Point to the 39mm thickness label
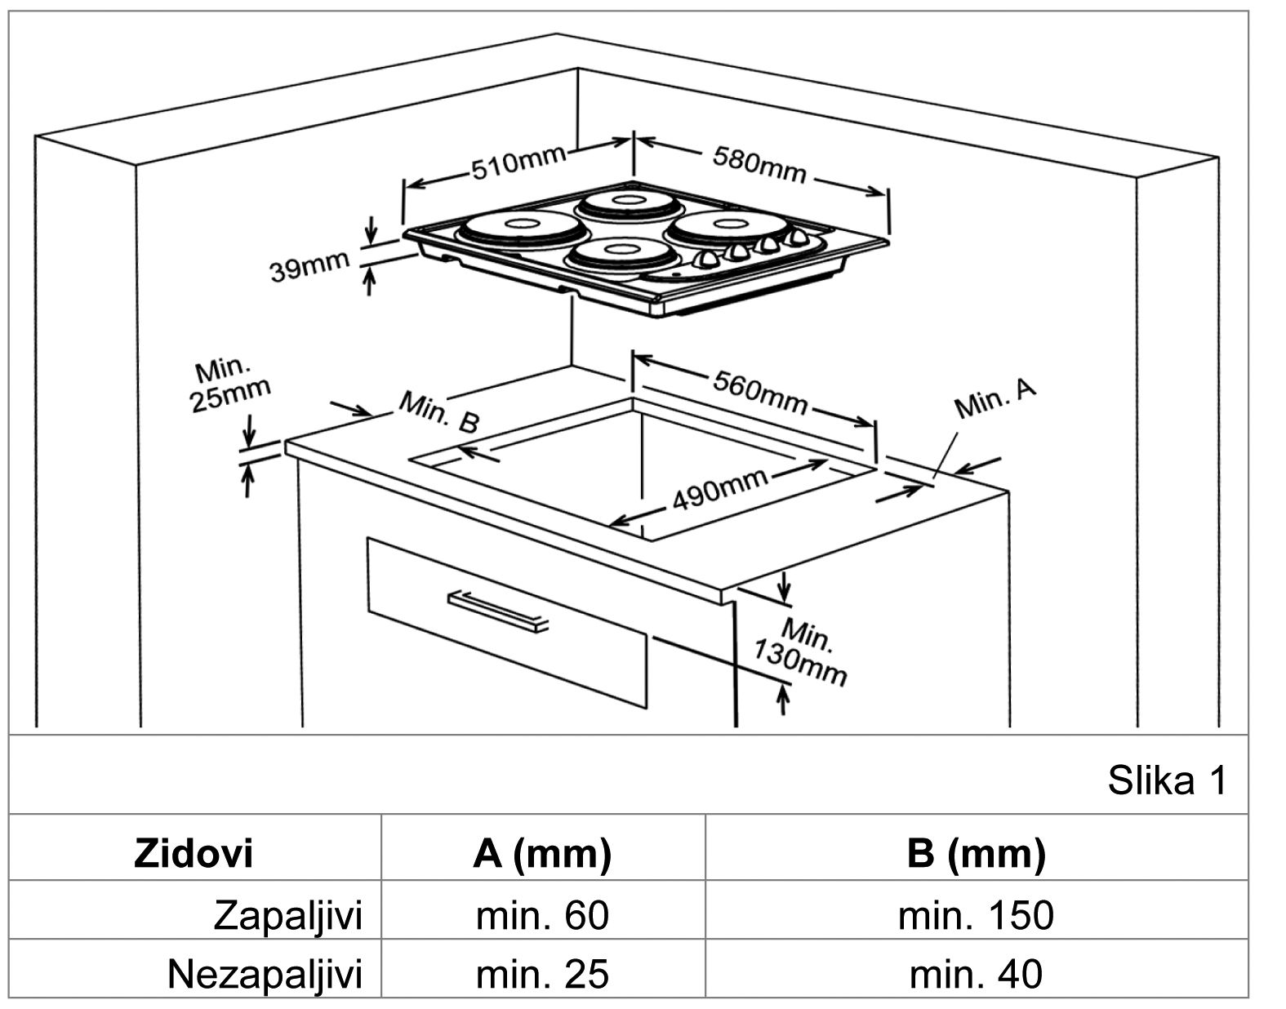pyautogui.click(x=309, y=266)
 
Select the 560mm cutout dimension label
pyautogui.click(x=760, y=391)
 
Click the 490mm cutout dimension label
pyautogui.click(x=719, y=489)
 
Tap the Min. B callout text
pyautogui.click(x=438, y=411)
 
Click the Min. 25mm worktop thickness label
pyautogui.click(x=229, y=384)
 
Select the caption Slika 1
pyautogui.click(x=1166, y=780)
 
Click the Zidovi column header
pyautogui.click(x=194, y=853)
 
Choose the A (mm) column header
pyautogui.click(x=541, y=853)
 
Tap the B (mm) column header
pyautogui.click(x=975, y=853)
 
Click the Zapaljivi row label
pyautogui.click(x=287, y=915)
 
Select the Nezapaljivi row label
pyautogui.click(x=265, y=974)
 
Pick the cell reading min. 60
pyautogui.click(x=541, y=915)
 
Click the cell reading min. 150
pyautogui.click(x=975, y=915)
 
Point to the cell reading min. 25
pyautogui.click(x=541, y=974)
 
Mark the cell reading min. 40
pyautogui.click(x=975, y=974)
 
